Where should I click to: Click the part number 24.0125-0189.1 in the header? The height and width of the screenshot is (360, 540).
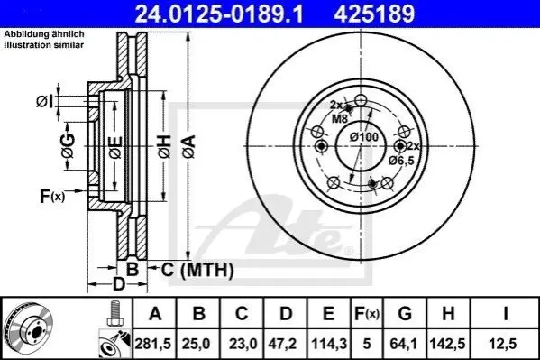coord(219,14)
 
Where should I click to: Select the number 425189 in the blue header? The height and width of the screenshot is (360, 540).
coord(374,14)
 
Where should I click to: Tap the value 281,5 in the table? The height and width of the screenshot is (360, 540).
coord(153,344)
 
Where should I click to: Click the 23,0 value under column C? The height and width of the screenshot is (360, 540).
coord(243,344)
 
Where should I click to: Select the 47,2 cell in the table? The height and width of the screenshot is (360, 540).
coord(282,344)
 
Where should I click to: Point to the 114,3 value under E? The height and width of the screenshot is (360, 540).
coord(329,344)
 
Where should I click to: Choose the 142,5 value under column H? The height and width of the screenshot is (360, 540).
coord(447,344)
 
